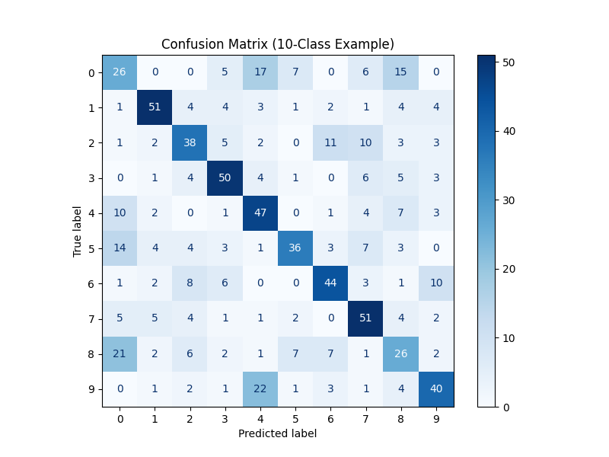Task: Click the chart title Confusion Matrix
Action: point(278,43)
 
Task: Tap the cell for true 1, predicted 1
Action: point(155,107)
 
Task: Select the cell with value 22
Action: point(260,388)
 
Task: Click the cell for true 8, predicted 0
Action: point(120,353)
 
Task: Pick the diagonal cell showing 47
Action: point(260,213)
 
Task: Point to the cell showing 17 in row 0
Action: point(260,72)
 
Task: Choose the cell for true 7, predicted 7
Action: point(365,318)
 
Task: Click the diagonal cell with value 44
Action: point(330,283)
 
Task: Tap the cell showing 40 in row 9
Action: point(435,388)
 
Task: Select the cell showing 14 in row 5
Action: point(120,248)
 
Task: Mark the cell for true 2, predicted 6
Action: point(330,142)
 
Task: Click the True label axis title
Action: point(78,231)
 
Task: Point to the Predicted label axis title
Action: point(278,434)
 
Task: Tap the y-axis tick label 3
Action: point(91,178)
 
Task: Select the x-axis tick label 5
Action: point(295,418)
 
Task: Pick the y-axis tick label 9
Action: point(91,388)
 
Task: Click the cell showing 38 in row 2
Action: point(190,142)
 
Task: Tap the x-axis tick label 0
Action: point(120,418)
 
